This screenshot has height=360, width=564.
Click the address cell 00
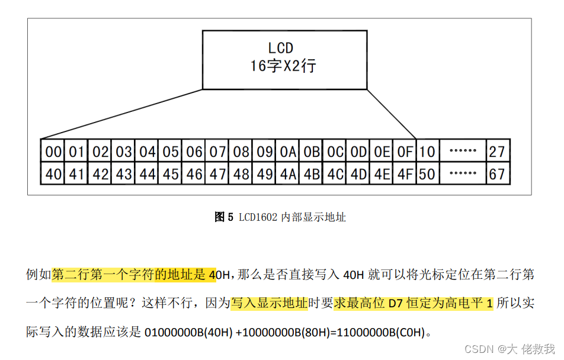click(53, 152)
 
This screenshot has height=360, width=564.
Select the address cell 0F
click(405, 152)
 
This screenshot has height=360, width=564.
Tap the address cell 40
click(53, 174)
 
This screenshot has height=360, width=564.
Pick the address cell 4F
click(405, 174)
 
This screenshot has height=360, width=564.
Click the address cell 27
click(496, 152)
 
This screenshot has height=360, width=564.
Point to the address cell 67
click(496, 174)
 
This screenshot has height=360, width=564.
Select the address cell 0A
click(288, 152)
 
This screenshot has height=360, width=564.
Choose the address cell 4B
click(312, 174)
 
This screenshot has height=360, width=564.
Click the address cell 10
click(427, 152)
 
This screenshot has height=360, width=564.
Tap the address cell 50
click(427, 174)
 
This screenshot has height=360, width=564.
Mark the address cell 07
click(217, 152)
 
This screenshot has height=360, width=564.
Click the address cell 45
click(171, 174)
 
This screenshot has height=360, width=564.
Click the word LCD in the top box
click(281, 47)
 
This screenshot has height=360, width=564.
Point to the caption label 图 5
click(224, 217)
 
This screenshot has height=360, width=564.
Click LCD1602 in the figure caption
click(258, 217)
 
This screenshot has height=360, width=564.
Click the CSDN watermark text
click(476, 349)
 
